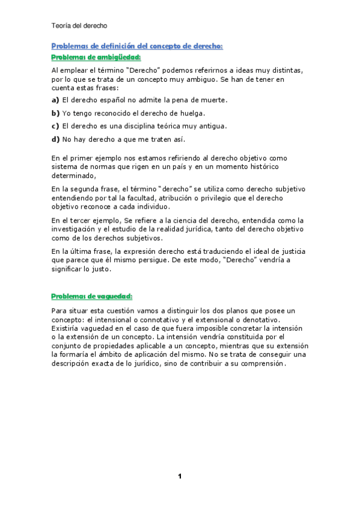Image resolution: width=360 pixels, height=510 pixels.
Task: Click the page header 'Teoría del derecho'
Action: [79, 26]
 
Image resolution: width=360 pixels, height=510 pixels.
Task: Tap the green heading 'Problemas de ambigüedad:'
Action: [96, 57]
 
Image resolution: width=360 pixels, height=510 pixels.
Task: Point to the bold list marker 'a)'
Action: [55, 100]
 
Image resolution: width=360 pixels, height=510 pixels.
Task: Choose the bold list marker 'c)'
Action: [55, 126]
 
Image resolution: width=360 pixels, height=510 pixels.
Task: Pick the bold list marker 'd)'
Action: [55, 140]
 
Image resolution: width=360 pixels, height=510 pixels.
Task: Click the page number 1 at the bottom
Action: [180, 477]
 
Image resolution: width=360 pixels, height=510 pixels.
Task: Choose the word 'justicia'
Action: [287, 251]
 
